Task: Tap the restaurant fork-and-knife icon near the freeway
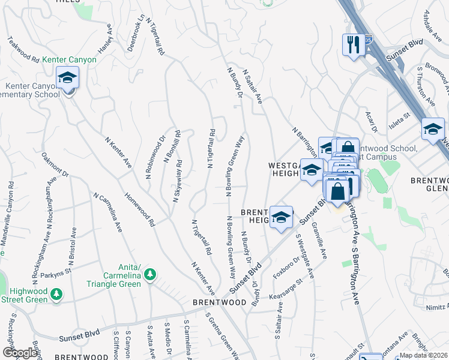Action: tap(351, 44)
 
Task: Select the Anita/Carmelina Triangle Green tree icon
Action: tap(150, 275)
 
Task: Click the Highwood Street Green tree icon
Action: tap(56, 294)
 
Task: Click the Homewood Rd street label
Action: tap(140, 208)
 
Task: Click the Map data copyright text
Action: tap(424, 355)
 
